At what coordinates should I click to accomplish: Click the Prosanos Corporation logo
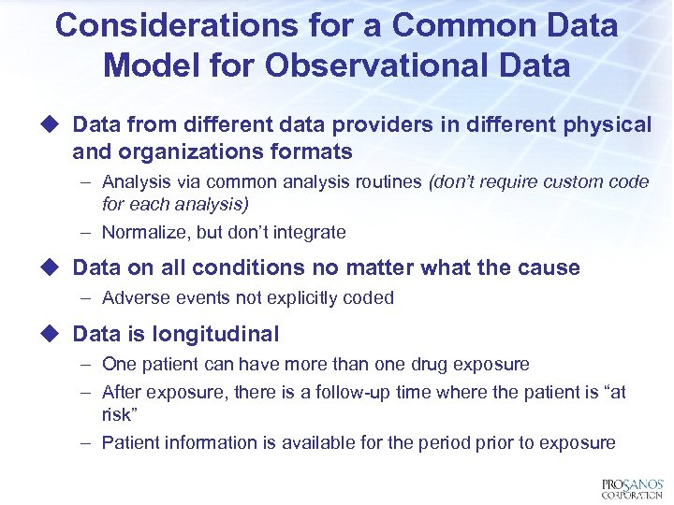[x=632, y=488]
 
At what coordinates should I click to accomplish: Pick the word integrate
[x=308, y=232]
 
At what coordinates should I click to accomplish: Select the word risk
[x=117, y=414]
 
